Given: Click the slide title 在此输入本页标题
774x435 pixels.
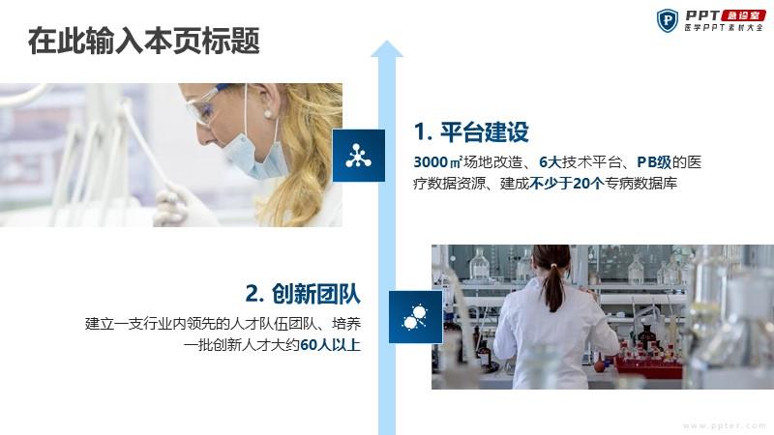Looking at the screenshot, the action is pos(143,41).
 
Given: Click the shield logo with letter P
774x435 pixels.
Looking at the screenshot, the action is pos(668,20).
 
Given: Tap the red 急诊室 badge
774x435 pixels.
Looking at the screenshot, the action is pos(743,15).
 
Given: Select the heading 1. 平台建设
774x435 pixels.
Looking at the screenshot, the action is pos(471,131).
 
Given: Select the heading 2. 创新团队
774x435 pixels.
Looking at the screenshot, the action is pos(303,294).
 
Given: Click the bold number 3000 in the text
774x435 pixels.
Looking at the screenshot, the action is pos(430,161).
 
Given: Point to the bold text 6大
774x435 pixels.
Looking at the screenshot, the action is pos(551,161).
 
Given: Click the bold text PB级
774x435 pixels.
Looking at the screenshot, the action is pos(654,161).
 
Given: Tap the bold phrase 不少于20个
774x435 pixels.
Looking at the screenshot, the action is pos(567,184).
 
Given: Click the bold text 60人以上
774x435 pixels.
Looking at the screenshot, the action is pos(330,344).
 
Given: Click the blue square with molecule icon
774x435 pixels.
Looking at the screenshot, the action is pos(359,156).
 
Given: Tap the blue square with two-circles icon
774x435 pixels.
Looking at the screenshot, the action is pos(416,317).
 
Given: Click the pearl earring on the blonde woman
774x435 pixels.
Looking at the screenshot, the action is pos(268,114).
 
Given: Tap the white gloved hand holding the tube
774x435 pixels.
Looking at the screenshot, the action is pos(174,207).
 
